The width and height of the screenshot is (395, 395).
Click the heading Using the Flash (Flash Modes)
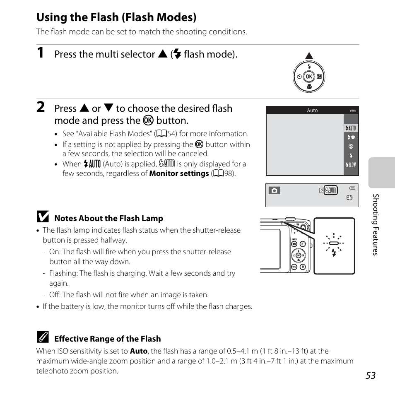coord(116,17)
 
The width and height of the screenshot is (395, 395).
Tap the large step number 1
coord(40,53)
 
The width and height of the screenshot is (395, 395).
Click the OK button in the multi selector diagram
coord(308,77)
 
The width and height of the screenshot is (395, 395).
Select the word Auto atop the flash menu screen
coord(312,111)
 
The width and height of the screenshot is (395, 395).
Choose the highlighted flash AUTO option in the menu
coord(351,128)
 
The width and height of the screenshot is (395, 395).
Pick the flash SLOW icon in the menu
coord(351,165)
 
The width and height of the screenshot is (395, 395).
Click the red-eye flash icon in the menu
coord(351,137)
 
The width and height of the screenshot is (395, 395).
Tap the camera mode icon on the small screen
coord(274,190)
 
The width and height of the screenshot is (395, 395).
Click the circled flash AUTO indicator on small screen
coord(331,190)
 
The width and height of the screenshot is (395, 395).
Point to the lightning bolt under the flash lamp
coord(334,253)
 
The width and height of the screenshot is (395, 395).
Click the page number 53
coord(371,375)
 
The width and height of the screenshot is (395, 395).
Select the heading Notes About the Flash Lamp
coord(109,218)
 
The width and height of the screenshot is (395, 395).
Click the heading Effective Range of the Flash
coord(108,339)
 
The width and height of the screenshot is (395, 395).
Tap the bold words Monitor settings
coord(179,173)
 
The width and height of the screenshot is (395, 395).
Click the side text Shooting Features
coord(375,224)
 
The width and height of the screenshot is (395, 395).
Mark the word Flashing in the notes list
coord(63,273)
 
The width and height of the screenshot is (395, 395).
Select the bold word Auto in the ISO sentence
coord(138,351)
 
